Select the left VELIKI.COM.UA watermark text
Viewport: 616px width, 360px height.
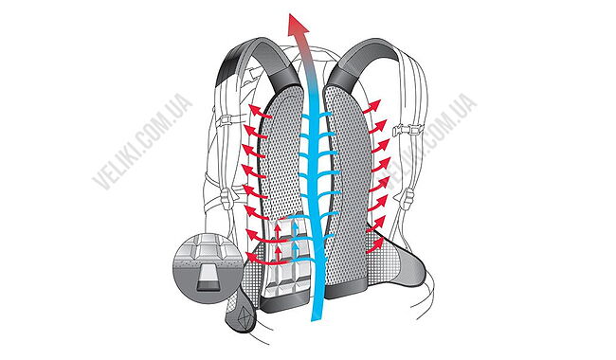(143, 139)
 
